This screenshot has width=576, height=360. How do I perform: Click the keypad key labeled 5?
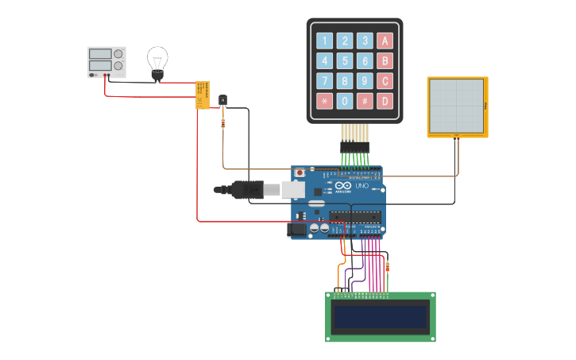(344, 61)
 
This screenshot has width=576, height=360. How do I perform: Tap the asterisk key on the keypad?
(324, 101)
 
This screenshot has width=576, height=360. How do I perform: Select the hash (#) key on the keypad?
(365, 101)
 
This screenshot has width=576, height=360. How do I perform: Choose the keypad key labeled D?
(385, 101)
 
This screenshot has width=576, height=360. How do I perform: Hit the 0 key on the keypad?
(344, 101)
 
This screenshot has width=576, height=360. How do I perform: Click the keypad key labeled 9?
(365, 81)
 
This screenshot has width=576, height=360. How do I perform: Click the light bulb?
(157, 61)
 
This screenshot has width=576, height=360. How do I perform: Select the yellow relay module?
(203, 95)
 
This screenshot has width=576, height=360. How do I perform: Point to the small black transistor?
(222, 100)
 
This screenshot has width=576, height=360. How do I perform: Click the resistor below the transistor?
(222, 123)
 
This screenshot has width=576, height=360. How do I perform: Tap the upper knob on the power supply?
(118, 54)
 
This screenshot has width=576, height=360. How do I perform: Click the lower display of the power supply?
(99, 66)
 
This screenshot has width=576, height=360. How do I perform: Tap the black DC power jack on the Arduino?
(296, 230)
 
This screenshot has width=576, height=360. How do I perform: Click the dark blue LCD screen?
(381, 317)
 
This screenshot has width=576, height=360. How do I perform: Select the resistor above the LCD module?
(387, 268)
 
